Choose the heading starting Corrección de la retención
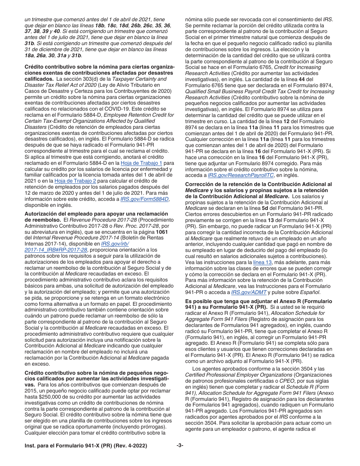tap(258, 184)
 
